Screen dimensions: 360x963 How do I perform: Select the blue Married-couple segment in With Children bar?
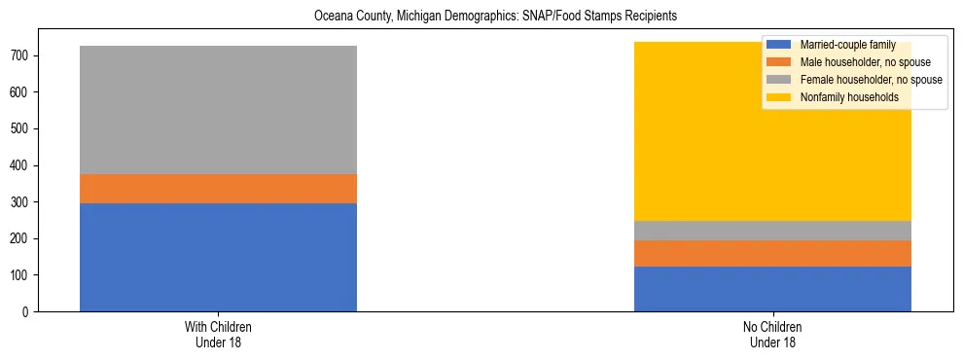tap(218, 257)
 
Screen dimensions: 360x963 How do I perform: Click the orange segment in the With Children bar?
tap(218, 189)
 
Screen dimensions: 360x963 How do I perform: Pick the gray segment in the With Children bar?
tap(218, 110)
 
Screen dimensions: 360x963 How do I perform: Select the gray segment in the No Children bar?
tap(772, 231)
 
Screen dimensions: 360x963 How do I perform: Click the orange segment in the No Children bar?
tap(772, 253)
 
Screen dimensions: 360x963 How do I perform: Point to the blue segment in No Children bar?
tap(772, 289)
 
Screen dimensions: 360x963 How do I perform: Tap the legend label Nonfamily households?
tap(848, 97)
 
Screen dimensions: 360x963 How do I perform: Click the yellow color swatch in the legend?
tap(779, 97)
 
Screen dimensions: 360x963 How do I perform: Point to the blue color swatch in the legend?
tap(779, 45)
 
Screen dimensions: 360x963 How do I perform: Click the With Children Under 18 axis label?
tap(218, 334)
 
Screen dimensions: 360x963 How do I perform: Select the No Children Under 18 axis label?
tap(772, 334)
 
